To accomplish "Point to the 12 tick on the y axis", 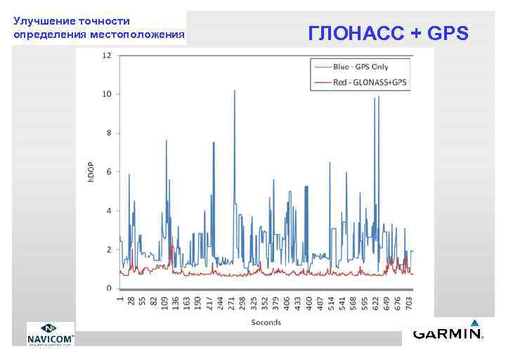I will coord(108,56).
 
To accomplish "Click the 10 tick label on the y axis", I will coord(108,94).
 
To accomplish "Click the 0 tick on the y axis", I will coord(109,288).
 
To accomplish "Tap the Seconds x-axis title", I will coord(266,322).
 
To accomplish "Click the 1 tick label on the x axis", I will coord(121,298).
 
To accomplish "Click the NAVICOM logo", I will coord(51,334).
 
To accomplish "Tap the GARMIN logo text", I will coord(447,334).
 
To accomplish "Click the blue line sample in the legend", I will coord(322,67).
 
